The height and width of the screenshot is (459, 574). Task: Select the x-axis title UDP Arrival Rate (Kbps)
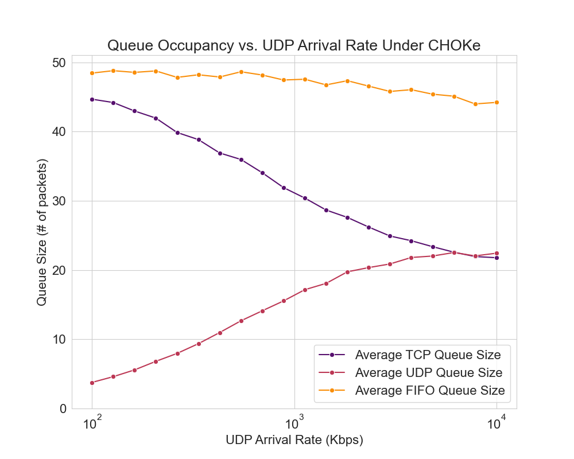coord(294,440)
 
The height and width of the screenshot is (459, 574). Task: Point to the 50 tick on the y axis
coord(60,63)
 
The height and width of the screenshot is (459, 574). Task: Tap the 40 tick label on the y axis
coord(60,132)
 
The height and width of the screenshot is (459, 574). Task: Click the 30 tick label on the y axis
coord(60,201)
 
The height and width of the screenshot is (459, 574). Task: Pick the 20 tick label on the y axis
coord(60,270)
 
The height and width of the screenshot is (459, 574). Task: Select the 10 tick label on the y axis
coord(60,340)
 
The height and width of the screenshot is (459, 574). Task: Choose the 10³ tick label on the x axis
coord(294,424)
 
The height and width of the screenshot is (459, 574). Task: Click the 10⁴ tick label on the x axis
coord(497,424)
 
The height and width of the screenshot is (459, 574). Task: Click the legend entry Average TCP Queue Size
coord(428,355)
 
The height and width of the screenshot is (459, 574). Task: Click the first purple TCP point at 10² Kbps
coord(92,99)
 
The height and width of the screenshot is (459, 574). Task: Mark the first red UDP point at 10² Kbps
coord(92,383)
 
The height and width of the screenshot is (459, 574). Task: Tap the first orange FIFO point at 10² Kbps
coord(92,73)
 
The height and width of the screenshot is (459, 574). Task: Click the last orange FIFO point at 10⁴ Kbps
coord(497,102)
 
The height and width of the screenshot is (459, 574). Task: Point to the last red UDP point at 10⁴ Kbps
coord(497,253)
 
